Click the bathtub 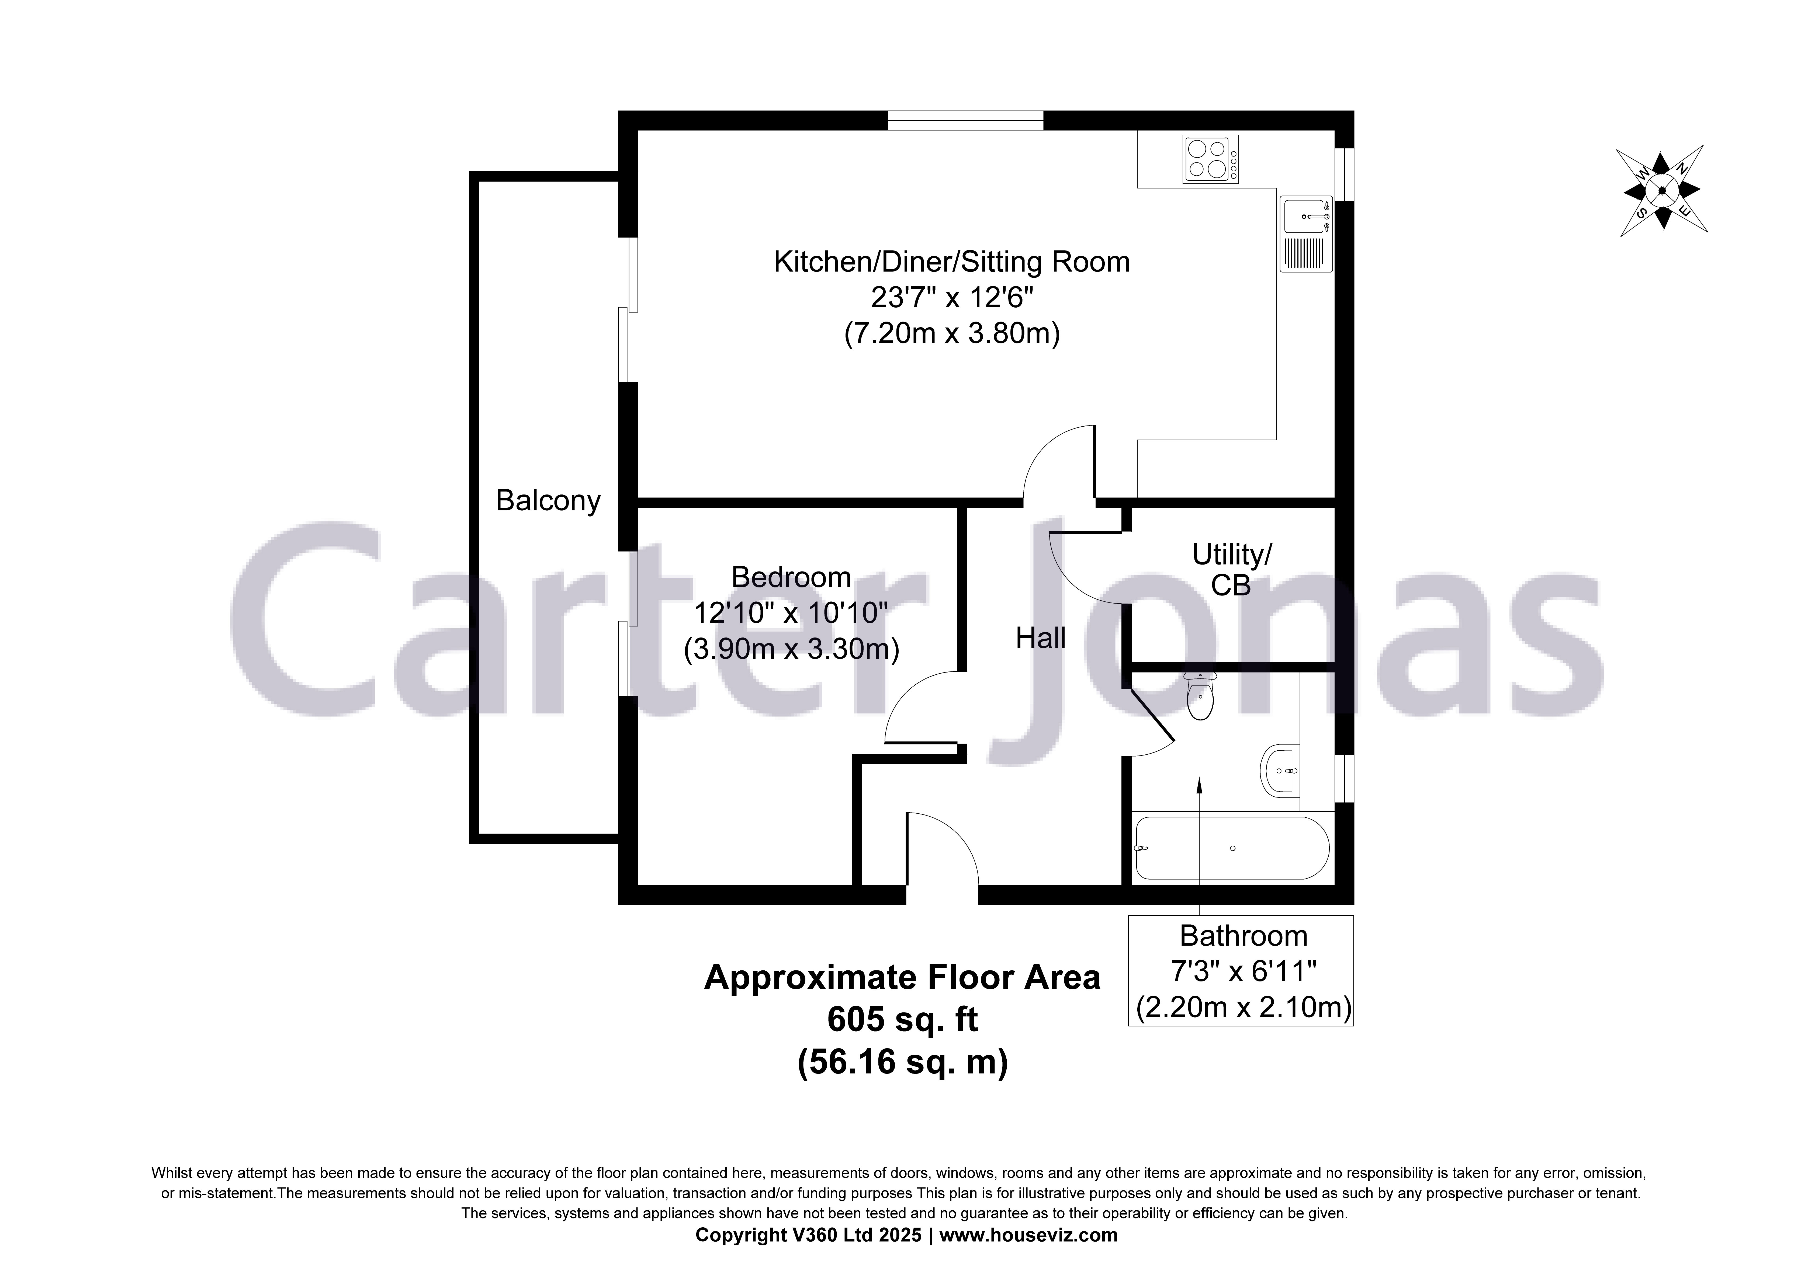click(x=1232, y=848)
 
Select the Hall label click(x=1040, y=638)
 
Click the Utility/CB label click(x=1232, y=569)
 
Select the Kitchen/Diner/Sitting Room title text click(x=952, y=262)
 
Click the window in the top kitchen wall click(x=965, y=120)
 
